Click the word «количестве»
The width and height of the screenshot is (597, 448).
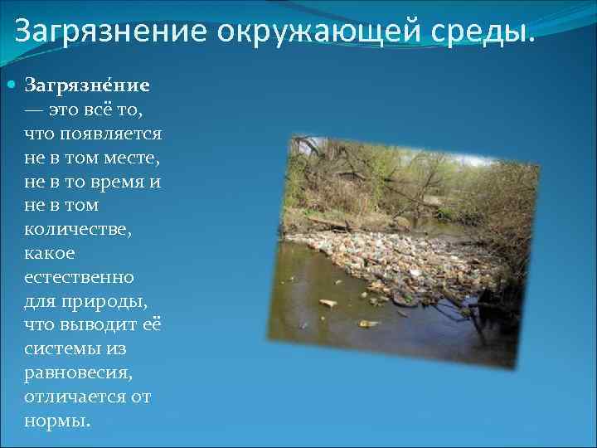click(x=80, y=229)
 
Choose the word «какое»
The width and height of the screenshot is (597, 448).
click(x=50, y=253)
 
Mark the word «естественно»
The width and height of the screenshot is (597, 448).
click(x=80, y=276)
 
